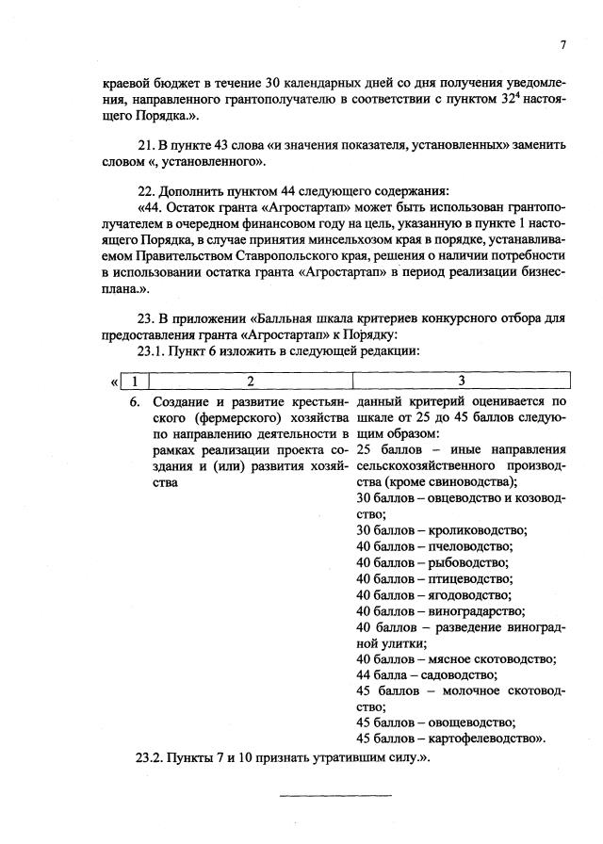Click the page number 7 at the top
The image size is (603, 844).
click(x=562, y=44)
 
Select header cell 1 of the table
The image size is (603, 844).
click(x=136, y=381)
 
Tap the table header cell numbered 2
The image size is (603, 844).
click(x=250, y=381)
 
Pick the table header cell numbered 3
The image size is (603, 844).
click(x=461, y=381)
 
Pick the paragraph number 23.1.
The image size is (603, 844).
click(x=154, y=350)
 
